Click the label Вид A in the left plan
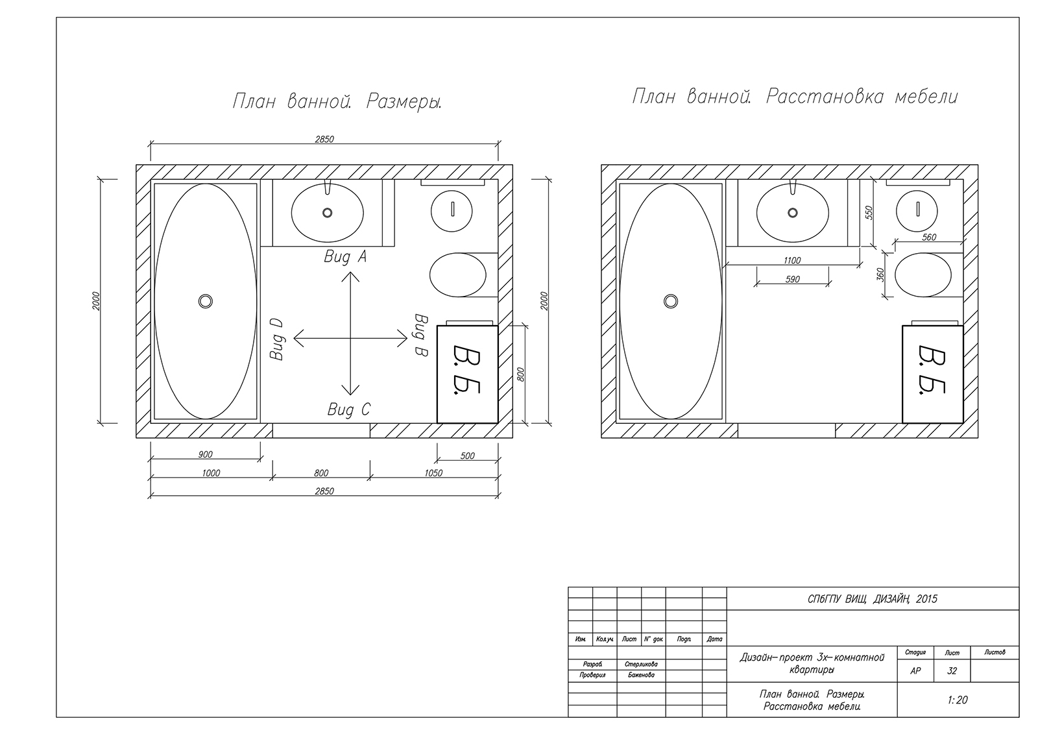pyautogui.click(x=345, y=256)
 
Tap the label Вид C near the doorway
pyautogui.click(x=349, y=410)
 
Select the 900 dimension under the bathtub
pyautogui.click(x=205, y=455)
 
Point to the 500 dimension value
pyautogui.click(x=468, y=456)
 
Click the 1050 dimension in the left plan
pyautogui.click(x=433, y=473)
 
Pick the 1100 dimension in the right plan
pyautogui.click(x=792, y=261)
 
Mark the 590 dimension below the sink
pyautogui.click(x=792, y=280)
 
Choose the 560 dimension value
pyautogui.click(x=929, y=238)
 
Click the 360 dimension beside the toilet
pyautogui.click(x=880, y=275)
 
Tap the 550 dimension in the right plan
pyautogui.click(x=869, y=213)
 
